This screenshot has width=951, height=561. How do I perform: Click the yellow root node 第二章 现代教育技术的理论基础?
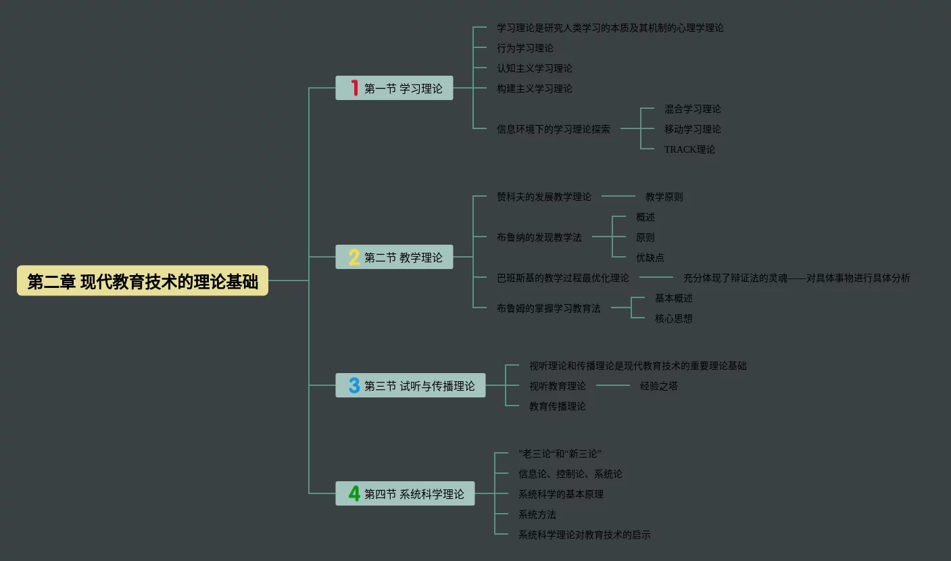click(x=143, y=280)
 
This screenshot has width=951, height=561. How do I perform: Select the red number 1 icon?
click(x=354, y=88)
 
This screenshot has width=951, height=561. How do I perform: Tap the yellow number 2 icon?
click(x=354, y=257)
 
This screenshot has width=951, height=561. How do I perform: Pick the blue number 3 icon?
click(x=354, y=385)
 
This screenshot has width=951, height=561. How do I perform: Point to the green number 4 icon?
click(x=354, y=493)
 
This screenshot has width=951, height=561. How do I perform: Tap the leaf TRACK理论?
click(x=689, y=149)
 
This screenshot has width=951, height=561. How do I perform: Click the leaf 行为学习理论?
click(x=525, y=48)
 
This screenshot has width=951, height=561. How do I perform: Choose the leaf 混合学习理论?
click(x=692, y=109)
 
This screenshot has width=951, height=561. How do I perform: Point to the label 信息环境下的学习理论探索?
click(x=553, y=129)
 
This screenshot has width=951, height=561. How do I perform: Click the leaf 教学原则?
click(x=664, y=197)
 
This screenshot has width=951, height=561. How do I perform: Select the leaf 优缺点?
click(x=650, y=258)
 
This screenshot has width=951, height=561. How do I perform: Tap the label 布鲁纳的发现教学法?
click(x=539, y=237)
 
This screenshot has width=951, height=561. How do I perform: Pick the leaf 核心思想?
click(x=673, y=318)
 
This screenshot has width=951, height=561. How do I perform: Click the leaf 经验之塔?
click(x=658, y=386)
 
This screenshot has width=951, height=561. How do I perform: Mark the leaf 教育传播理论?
click(x=557, y=406)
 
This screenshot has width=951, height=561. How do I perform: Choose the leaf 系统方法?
click(x=537, y=514)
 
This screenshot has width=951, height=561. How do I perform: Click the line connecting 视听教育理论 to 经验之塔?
click(x=612, y=385)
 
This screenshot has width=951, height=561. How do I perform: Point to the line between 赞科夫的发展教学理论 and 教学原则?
click(x=618, y=196)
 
